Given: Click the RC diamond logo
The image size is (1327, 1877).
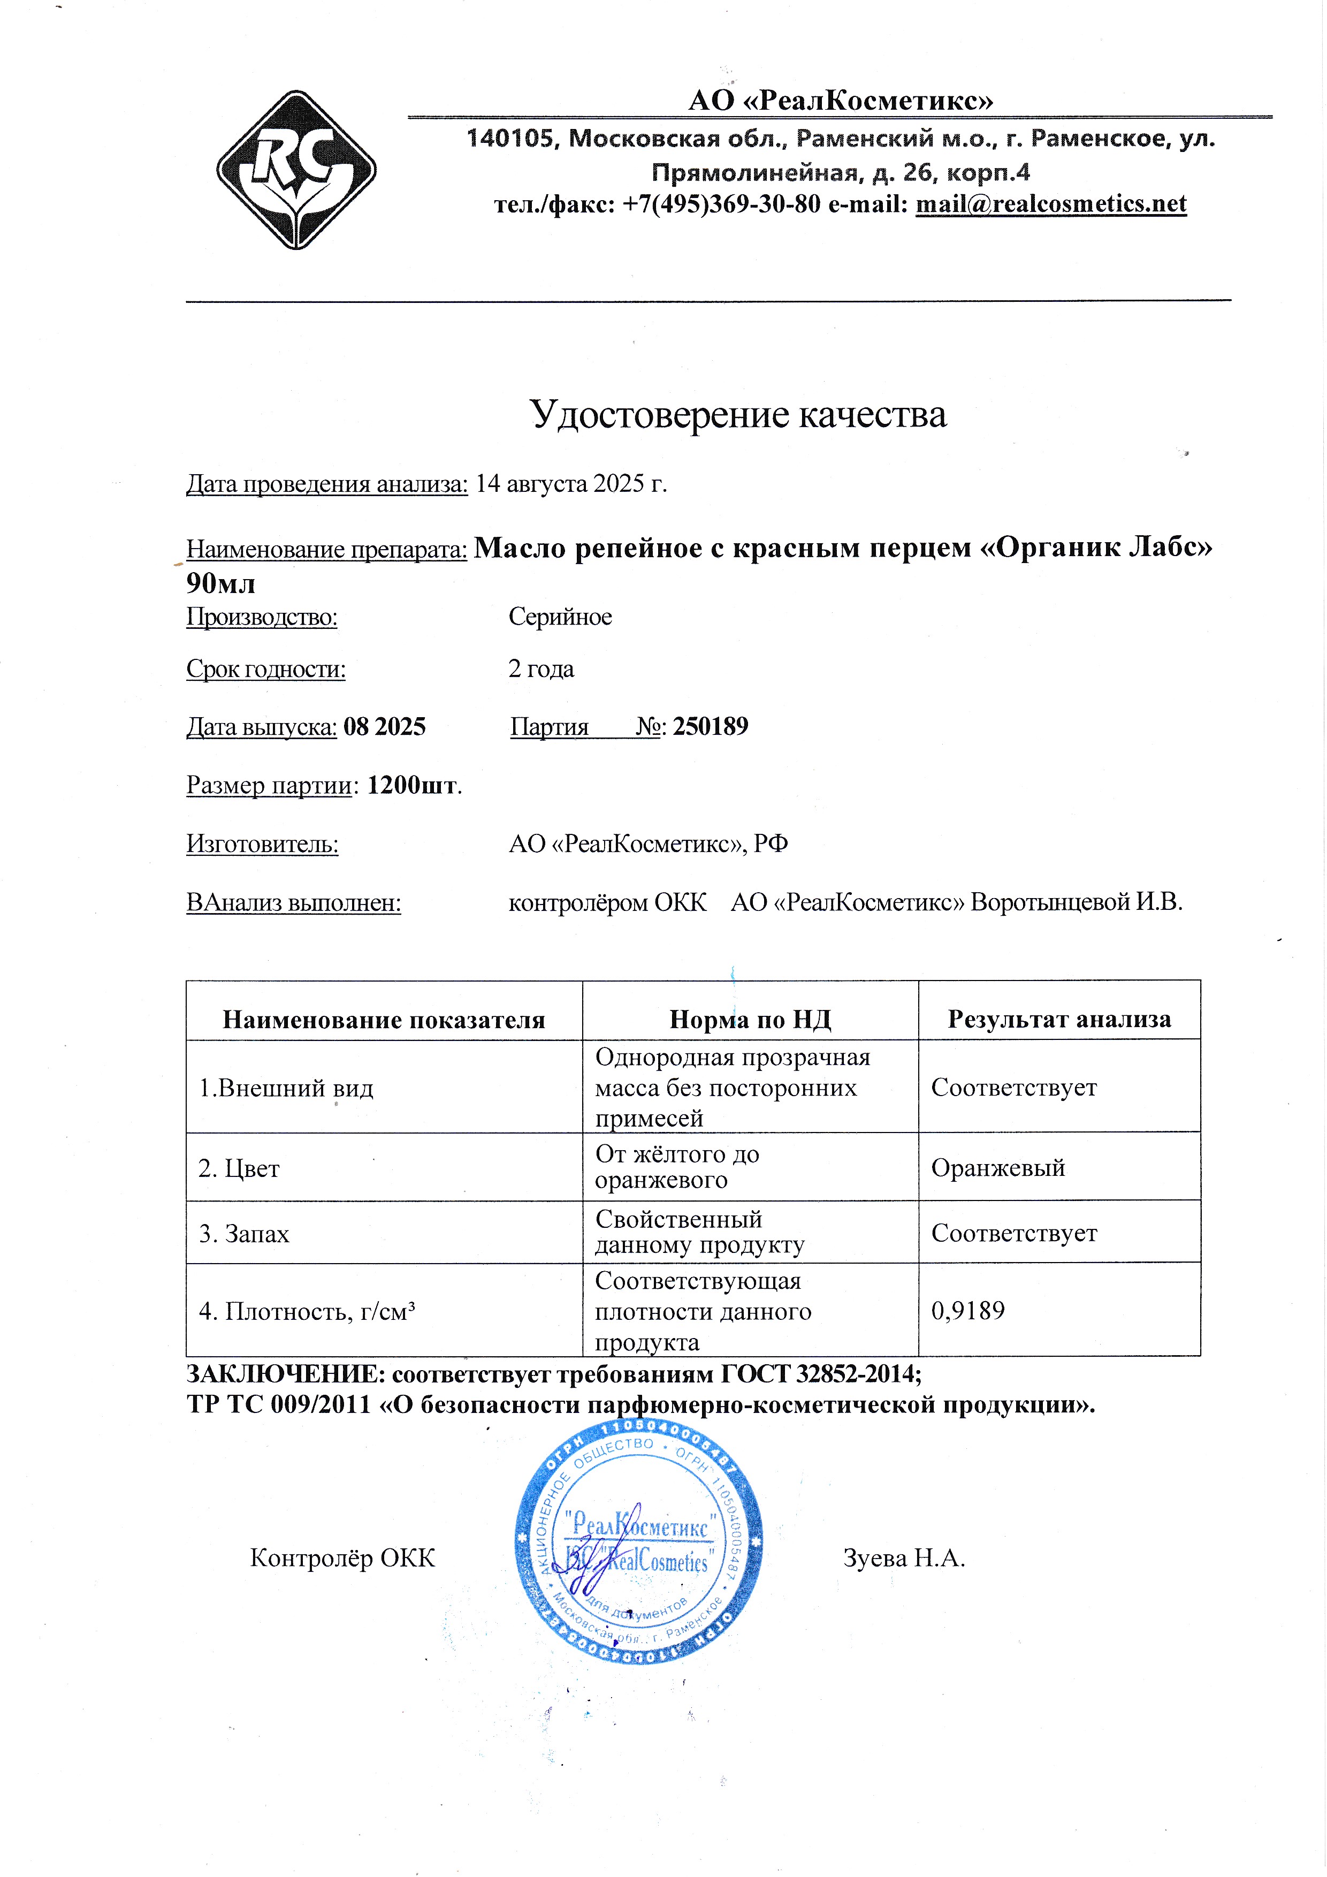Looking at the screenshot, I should [296, 170].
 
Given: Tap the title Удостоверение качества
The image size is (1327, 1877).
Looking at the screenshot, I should [738, 414].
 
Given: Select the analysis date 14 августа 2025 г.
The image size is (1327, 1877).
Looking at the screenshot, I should [571, 484].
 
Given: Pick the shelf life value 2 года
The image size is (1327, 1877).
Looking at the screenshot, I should [541, 668].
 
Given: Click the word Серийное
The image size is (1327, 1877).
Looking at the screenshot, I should [560, 617].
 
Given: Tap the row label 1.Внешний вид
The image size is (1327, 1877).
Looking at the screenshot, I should [286, 1088].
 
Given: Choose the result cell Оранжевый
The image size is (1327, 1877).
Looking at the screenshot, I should [998, 1167].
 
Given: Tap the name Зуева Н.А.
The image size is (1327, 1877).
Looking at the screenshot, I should [904, 1558].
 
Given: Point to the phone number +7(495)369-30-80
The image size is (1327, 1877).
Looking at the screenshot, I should [721, 203].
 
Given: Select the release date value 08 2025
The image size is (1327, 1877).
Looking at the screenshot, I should [384, 727].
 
